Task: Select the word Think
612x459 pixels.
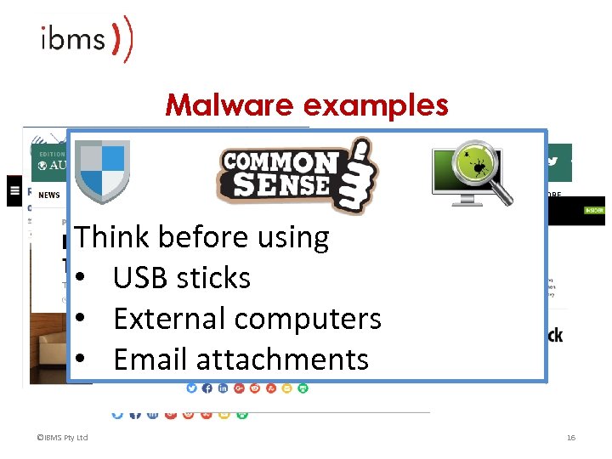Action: (x=114, y=237)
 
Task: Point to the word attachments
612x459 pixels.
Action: (x=284, y=360)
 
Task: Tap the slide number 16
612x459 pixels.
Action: (x=571, y=438)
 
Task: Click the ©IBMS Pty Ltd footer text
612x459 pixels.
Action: (x=63, y=438)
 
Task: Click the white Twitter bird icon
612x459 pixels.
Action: (x=552, y=161)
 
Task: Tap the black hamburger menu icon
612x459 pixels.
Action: (x=14, y=192)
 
